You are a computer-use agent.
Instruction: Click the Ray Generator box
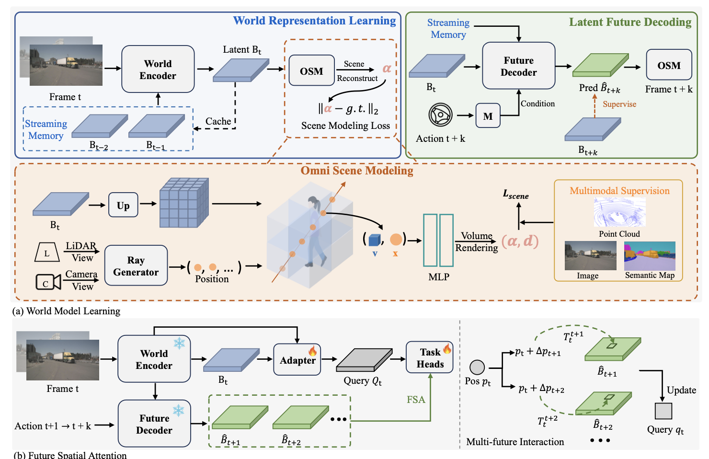pyautogui.click(x=136, y=265)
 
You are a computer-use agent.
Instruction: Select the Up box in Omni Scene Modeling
pyautogui.click(x=123, y=205)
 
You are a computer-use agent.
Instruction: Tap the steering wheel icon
pyautogui.click(x=440, y=115)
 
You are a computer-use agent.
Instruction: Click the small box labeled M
pyautogui.click(x=488, y=115)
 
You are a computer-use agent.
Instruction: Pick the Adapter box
pyautogui.click(x=297, y=360)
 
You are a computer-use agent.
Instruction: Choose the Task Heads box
pyautogui.click(x=430, y=357)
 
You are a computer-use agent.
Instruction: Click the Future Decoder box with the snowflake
pyautogui.click(x=154, y=424)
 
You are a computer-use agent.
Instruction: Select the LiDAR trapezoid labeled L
pyautogui.click(x=47, y=252)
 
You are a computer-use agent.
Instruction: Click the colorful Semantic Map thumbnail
pyautogui.click(x=650, y=256)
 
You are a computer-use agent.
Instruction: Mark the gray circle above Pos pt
pyautogui.click(x=477, y=367)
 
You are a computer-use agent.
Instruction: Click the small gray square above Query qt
pyautogui.click(x=663, y=411)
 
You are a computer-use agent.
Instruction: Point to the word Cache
pyautogui.click(x=218, y=121)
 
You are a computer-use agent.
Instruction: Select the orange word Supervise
pyautogui.click(x=619, y=104)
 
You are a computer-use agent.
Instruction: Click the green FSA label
pyautogui.click(x=416, y=400)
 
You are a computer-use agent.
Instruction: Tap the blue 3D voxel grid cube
pyautogui.click(x=184, y=203)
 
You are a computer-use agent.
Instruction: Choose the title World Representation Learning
pyautogui.click(x=314, y=21)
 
